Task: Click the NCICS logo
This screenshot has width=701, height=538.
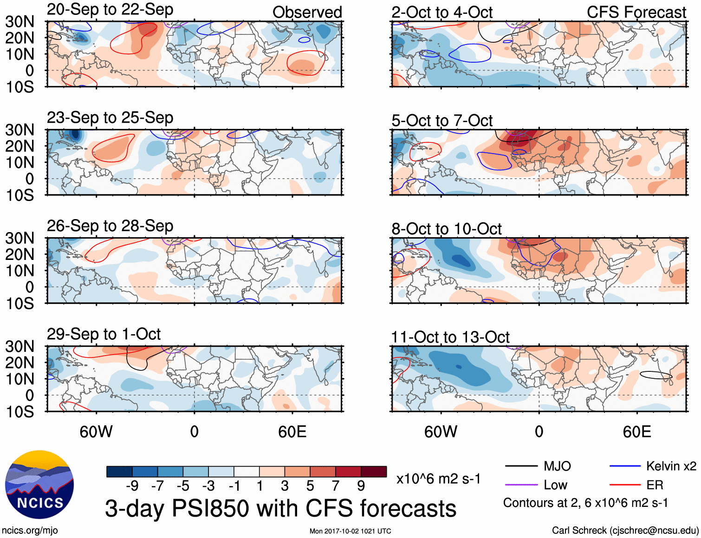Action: tap(39, 485)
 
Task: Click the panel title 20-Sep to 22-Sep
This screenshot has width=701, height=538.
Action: tap(110, 10)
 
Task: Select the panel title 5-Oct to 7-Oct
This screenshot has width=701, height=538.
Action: tap(441, 121)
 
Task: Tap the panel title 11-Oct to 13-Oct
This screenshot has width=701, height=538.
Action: tap(450, 337)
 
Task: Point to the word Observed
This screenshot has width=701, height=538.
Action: tap(307, 13)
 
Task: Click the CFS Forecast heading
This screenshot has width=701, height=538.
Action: tap(636, 13)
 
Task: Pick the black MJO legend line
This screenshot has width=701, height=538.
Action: tap(521, 466)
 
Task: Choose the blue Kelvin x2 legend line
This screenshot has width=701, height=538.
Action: tap(625, 466)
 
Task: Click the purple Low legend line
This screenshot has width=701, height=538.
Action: tap(521, 485)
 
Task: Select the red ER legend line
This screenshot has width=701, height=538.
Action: tap(625, 485)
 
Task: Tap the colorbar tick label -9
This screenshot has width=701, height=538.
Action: tap(132, 486)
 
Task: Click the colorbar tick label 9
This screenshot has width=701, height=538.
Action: tap(361, 486)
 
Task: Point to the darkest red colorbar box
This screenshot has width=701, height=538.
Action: tap(374, 472)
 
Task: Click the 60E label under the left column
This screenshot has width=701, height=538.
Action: tap(292, 432)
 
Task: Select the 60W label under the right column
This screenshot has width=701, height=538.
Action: tap(441, 432)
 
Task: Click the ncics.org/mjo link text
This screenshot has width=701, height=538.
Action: tap(30, 530)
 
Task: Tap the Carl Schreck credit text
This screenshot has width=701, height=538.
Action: tap(625, 530)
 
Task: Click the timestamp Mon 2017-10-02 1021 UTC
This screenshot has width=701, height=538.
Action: tap(350, 531)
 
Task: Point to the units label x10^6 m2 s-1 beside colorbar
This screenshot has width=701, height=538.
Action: tap(438, 479)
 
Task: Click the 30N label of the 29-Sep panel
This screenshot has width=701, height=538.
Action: tap(20, 346)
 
